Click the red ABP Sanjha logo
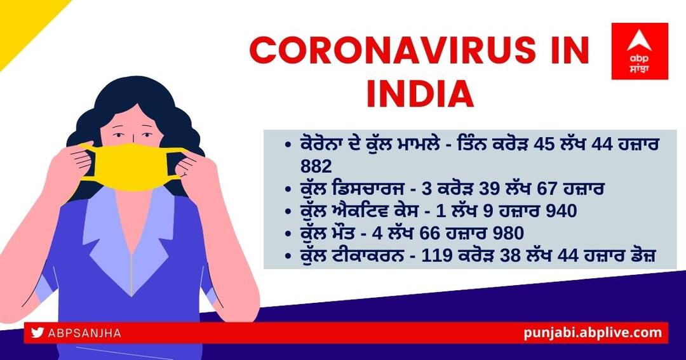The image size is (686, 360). click(x=639, y=51)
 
